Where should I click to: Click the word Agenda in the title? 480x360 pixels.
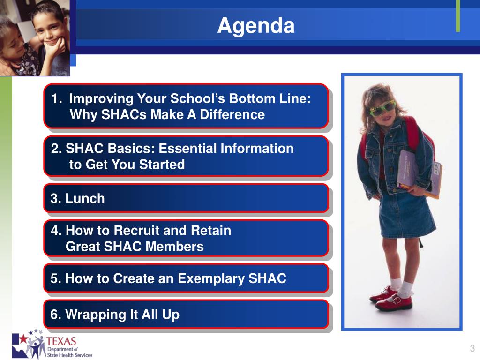coord(256,26)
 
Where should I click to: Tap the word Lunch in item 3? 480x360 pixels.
coord(85,198)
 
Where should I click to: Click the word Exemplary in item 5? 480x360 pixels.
coord(211,279)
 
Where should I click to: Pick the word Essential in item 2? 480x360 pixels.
coord(188,148)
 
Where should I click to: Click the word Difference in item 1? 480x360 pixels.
coord(232,114)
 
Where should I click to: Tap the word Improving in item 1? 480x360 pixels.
coord(101,99)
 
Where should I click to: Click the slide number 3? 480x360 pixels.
coord(472,348)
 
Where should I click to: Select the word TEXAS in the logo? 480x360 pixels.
coord(61,341)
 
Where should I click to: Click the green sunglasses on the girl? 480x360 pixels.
coord(382,108)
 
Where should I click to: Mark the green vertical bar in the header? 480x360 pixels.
coord(458,16)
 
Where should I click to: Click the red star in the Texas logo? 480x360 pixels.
coord(23,339)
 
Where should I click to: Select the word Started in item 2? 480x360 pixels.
coord(162,165)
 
